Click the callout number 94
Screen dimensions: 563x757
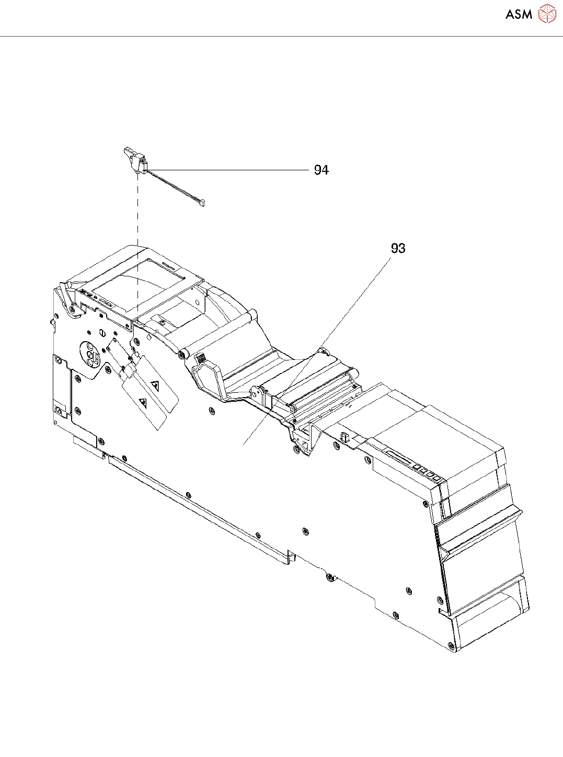click(x=321, y=170)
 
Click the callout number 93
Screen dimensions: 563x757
click(x=398, y=248)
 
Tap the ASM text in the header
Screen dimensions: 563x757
click(x=519, y=15)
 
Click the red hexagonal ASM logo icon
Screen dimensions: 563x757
click(x=547, y=14)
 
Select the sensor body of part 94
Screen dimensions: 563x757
click(x=135, y=159)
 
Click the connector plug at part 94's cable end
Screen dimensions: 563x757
click(x=201, y=202)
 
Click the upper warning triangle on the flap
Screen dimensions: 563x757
click(x=155, y=386)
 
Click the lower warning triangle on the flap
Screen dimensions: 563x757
click(x=143, y=402)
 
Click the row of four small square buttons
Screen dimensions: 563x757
click(x=426, y=472)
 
